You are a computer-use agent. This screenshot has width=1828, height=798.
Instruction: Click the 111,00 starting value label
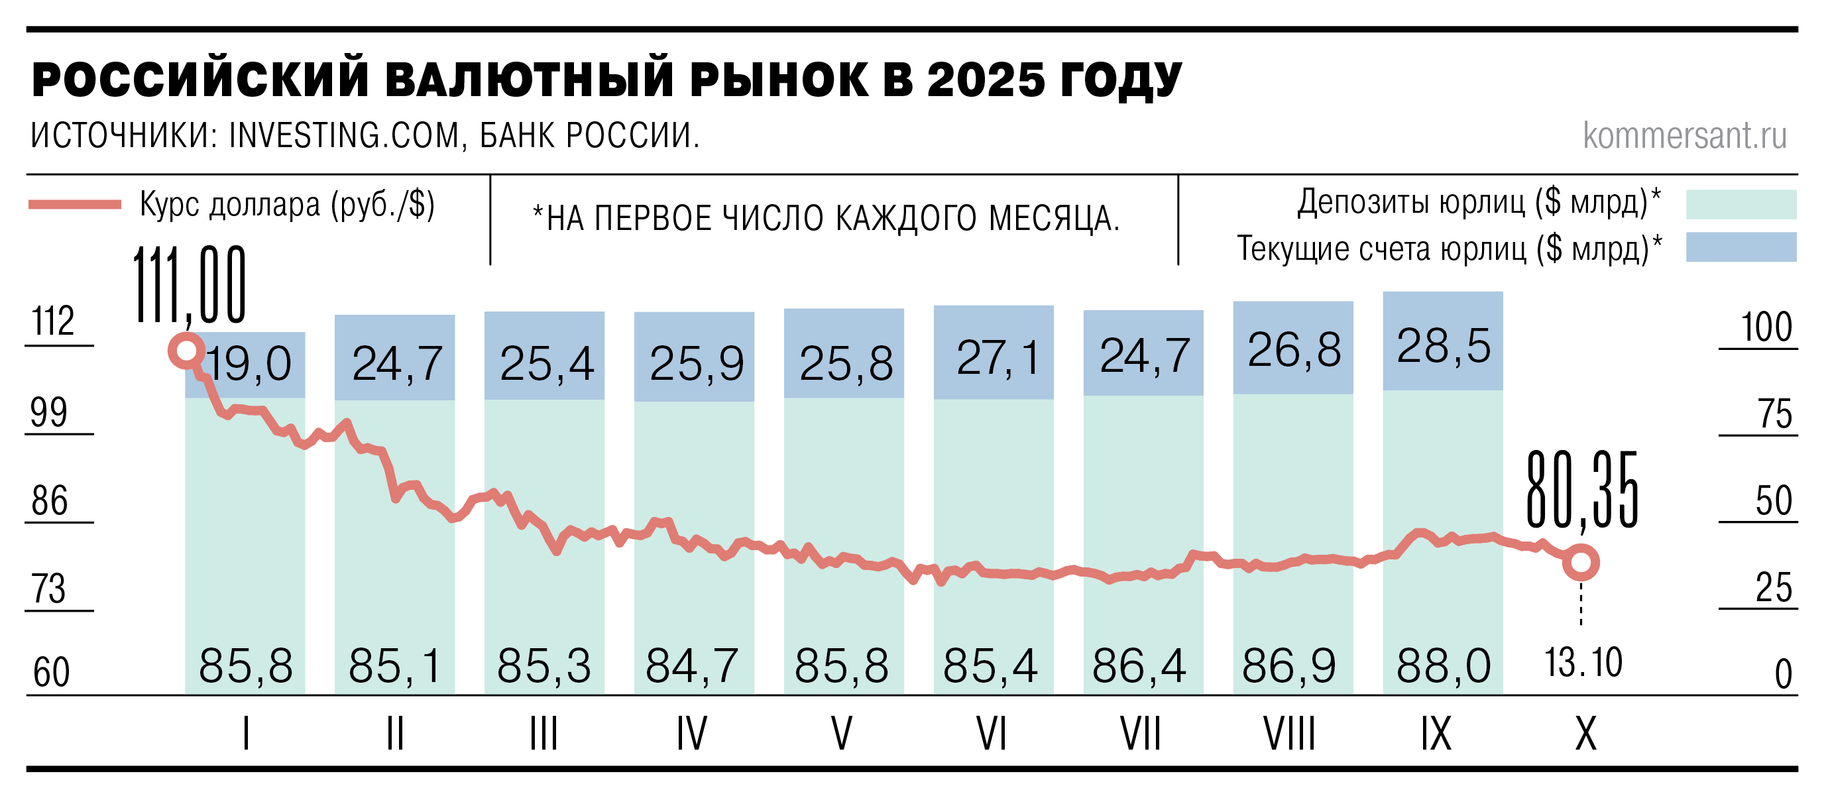click(x=190, y=285)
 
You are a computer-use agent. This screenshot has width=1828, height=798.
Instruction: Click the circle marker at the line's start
click(x=186, y=351)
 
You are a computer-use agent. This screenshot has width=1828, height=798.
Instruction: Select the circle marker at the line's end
click(x=1581, y=563)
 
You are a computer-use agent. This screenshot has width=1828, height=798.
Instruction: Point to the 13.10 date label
click(x=1583, y=663)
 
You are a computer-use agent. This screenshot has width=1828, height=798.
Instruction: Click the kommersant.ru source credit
click(x=1685, y=135)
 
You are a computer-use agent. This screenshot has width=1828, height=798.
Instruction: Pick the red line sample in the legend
click(x=74, y=205)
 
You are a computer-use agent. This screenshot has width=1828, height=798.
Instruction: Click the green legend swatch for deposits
click(x=1741, y=205)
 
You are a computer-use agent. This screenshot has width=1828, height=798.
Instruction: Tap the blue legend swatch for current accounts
click(x=1741, y=247)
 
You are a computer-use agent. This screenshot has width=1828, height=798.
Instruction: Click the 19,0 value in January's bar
click(x=249, y=365)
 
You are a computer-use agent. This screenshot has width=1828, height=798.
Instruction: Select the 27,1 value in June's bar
click(x=997, y=357)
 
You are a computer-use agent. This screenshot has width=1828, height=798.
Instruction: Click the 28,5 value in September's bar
click(x=1444, y=347)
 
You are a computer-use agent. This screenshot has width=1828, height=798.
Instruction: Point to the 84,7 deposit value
click(x=692, y=667)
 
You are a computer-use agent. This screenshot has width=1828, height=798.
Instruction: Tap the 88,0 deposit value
click(x=1444, y=667)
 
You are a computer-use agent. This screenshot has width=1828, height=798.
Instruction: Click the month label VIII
click(x=1288, y=734)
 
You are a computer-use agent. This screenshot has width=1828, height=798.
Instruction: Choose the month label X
click(x=1586, y=734)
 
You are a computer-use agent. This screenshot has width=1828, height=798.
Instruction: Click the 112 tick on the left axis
click(x=53, y=321)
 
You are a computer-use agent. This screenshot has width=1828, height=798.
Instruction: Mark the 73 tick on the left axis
click(x=49, y=589)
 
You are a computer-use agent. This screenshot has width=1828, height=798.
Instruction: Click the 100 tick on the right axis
click(x=1766, y=327)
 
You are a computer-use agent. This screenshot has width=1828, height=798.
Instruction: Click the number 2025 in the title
click(x=986, y=80)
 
